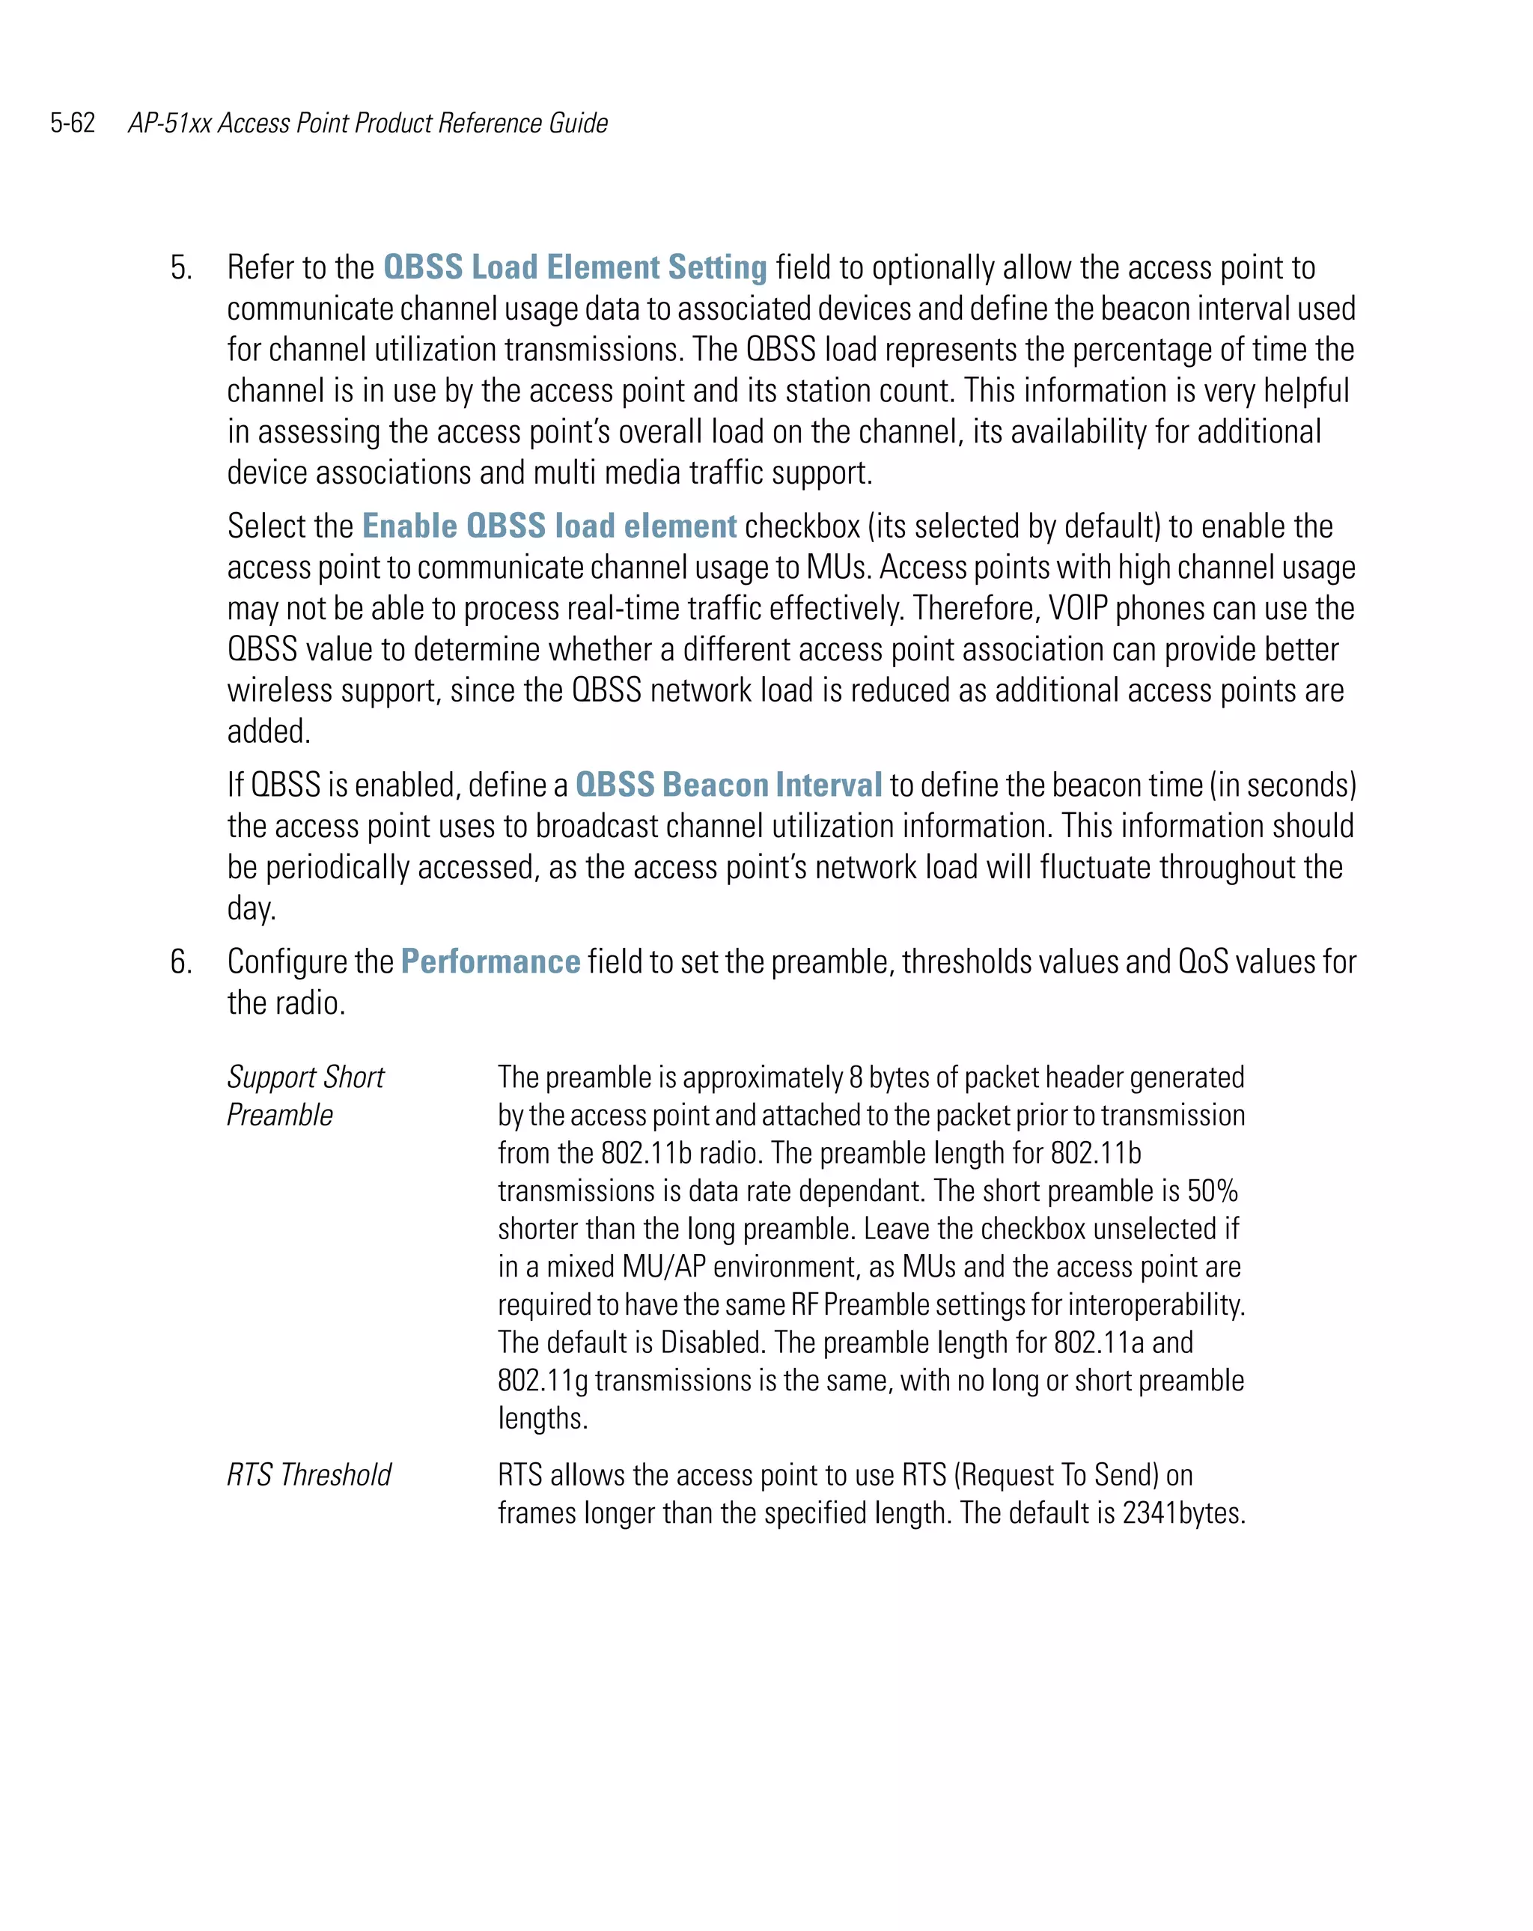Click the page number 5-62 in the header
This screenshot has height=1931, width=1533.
pyautogui.click(x=73, y=123)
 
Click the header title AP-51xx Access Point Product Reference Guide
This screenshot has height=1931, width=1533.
pyautogui.click(x=368, y=123)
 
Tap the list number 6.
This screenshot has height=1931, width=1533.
pyautogui.click(x=181, y=962)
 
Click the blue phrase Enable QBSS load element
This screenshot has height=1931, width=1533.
pyautogui.click(x=549, y=526)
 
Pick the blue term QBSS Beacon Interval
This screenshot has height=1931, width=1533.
pyautogui.click(x=728, y=785)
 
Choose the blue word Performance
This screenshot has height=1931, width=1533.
pyautogui.click(x=490, y=962)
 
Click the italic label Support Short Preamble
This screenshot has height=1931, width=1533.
pyautogui.click(x=305, y=1095)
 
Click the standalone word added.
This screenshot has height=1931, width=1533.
pyautogui.click(x=269, y=732)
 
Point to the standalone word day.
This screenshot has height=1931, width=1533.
pyautogui.click(x=252, y=909)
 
